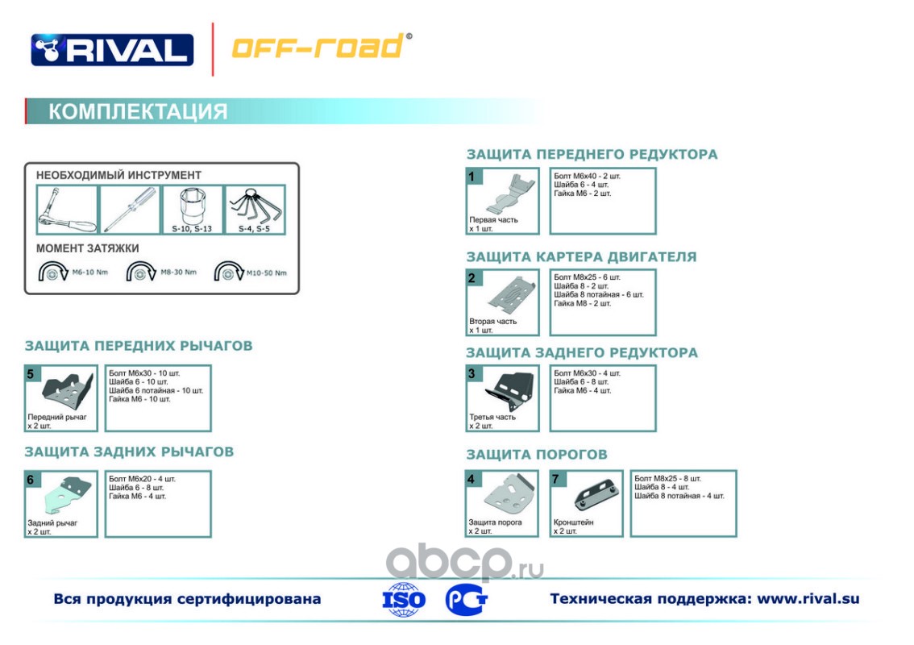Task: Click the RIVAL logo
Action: [112, 49]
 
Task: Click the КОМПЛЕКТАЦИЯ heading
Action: [138, 111]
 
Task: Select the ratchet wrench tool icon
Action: [67, 210]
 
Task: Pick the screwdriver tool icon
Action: [130, 210]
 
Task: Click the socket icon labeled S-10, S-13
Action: [193, 206]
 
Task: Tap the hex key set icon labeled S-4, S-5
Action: [256, 207]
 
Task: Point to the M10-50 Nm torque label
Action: [267, 273]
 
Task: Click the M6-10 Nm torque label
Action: [89, 272]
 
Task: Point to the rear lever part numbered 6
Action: [67, 495]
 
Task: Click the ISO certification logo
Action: [403, 600]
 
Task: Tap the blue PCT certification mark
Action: [466, 599]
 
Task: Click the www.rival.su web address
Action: [808, 599]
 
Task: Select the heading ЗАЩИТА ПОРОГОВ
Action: [536, 454]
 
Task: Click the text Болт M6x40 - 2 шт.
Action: [587, 176]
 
